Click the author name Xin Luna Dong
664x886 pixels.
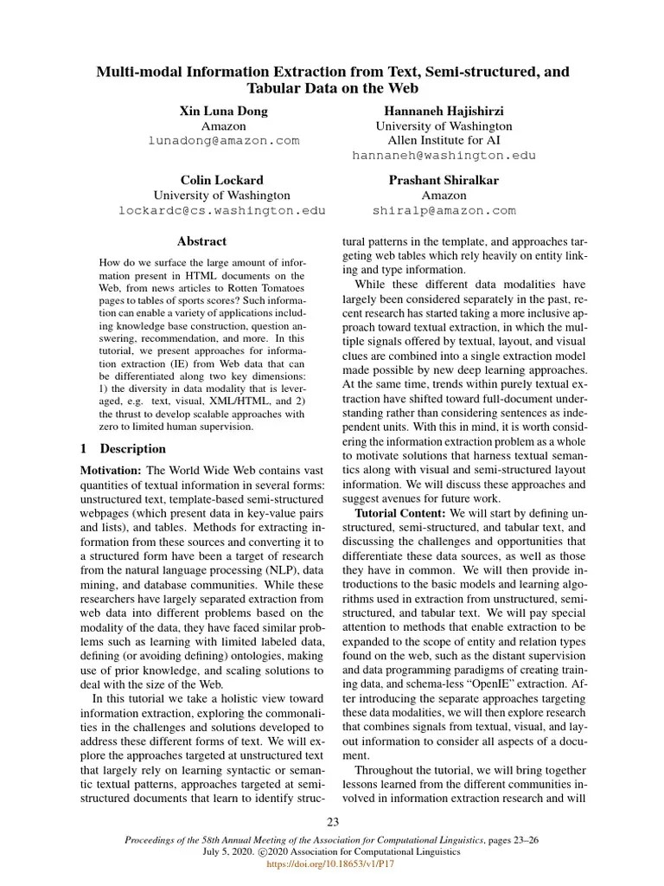pos(223,111)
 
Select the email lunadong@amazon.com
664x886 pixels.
pos(223,140)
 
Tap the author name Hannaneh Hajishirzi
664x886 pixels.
pos(444,111)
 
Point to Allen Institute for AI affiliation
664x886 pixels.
pos(444,140)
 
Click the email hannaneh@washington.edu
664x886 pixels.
pos(444,156)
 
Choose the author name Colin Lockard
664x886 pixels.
pos(221,180)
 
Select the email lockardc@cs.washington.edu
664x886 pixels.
pos(221,210)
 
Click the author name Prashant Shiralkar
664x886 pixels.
pos(444,180)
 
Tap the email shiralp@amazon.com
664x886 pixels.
pos(444,210)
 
